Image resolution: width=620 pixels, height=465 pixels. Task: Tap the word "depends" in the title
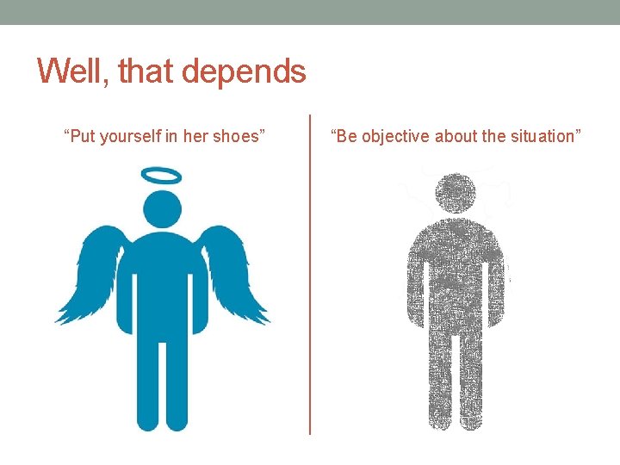pos(256,72)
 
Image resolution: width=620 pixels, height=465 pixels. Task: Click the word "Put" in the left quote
pos(83,136)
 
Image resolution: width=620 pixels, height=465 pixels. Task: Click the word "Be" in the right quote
pos(346,136)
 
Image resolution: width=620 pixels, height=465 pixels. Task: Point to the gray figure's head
pos(454,194)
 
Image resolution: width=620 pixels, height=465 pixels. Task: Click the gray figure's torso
pos(454,276)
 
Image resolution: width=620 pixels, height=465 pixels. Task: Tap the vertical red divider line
pos(310,276)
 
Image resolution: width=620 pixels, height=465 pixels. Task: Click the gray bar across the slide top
pos(310,12)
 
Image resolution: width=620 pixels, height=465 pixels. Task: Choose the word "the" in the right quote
pos(499,136)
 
